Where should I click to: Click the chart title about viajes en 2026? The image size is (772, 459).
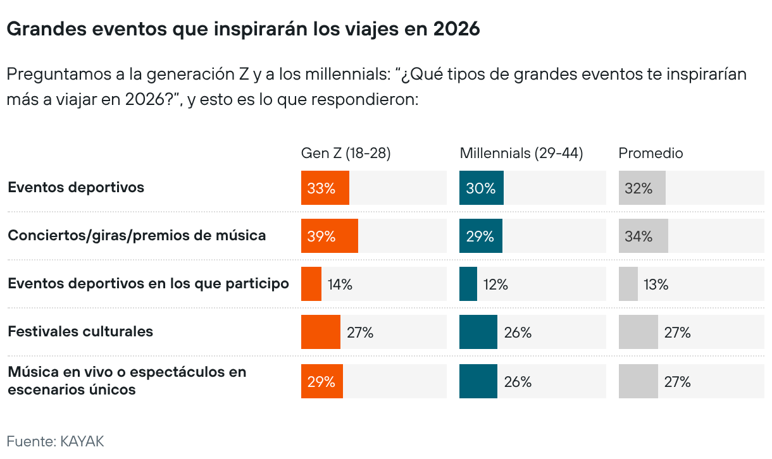coord(243,29)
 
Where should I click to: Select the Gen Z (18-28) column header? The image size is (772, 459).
coord(346,153)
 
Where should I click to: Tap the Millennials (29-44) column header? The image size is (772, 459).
coord(521,153)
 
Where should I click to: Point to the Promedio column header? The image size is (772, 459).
coord(651,153)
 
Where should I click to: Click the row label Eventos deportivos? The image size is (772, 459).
coord(76,187)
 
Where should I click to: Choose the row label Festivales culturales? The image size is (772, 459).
coord(80,331)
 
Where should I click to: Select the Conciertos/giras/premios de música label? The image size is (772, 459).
coord(137,235)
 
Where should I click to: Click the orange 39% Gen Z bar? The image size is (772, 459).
coord(329,236)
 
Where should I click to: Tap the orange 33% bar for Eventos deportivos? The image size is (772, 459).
coord(325,188)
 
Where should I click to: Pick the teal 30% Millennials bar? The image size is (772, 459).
coord(481,188)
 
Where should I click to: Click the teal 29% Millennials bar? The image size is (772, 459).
coord(480,236)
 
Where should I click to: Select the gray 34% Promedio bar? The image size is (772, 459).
coord(643,236)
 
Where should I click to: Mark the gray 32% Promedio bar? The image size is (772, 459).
coord(642,188)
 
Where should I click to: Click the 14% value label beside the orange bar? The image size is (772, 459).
coord(340,285)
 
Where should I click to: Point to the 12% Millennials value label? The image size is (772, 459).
coord(495,285)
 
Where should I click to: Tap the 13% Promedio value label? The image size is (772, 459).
coord(656,285)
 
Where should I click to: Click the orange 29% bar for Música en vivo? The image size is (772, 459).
coord(321,381)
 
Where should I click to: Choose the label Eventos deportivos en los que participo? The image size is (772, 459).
coord(148,283)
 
